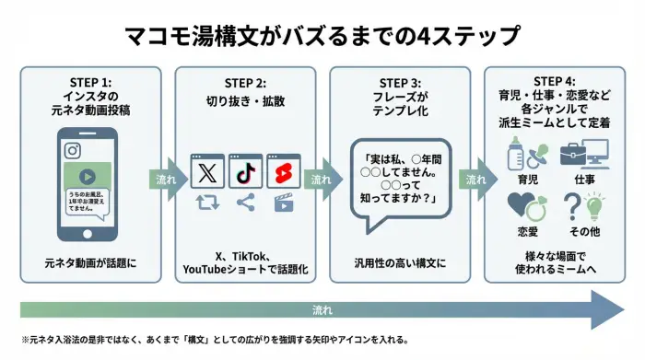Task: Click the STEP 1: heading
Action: (x=90, y=80)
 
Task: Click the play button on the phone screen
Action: (x=86, y=177)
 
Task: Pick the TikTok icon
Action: (x=245, y=171)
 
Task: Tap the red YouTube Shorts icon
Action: (x=284, y=171)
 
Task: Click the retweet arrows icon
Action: (x=207, y=203)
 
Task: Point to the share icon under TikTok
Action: (x=245, y=203)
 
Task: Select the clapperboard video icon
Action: (x=283, y=203)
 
